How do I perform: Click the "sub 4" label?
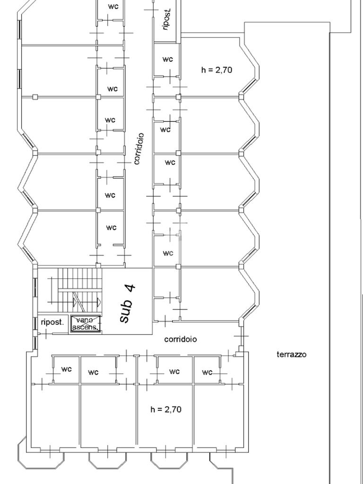pos(127,304)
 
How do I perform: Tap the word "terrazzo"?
pos(291,354)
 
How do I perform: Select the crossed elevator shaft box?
pos(86,323)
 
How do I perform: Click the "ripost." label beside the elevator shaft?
pos(52,322)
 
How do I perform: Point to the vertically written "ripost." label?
pos(167,20)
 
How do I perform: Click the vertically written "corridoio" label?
pos(139,149)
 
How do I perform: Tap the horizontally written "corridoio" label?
pos(180,339)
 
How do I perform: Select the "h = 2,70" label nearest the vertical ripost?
pos(216,70)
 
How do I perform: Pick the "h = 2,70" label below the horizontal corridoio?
pos(166,410)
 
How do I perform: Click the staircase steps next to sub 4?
pos(79,289)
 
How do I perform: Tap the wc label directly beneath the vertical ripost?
pos(168,59)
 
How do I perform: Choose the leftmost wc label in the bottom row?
pos(66,369)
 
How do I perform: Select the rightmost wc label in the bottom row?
pos(207,372)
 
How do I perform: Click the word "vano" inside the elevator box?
pos(85,320)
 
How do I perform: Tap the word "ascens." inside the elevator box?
pos(86,327)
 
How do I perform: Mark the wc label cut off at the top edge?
pos(113,7)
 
